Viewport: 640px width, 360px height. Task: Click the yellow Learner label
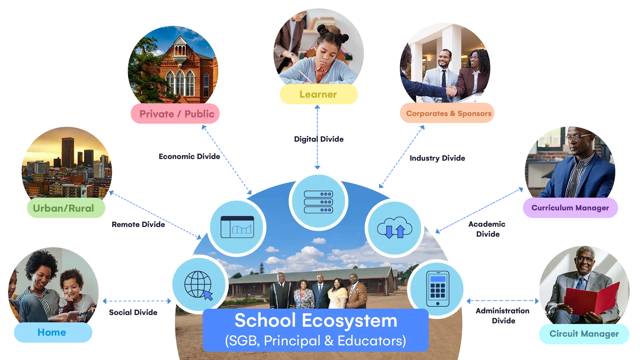[x=318, y=94]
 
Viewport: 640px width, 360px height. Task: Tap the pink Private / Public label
[x=175, y=114]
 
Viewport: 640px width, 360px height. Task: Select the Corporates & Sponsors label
[x=447, y=113]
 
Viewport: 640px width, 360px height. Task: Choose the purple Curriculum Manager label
[x=570, y=208]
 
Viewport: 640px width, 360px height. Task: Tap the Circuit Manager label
[x=584, y=334]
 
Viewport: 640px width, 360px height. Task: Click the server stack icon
[x=318, y=202]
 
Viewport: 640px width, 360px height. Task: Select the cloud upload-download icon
[x=394, y=228]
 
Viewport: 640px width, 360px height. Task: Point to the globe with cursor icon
[x=199, y=285]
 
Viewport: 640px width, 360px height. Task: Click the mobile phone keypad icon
[x=438, y=289]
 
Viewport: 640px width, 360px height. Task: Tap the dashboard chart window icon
[x=237, y=227]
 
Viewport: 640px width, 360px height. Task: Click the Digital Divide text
[x=319, y=139]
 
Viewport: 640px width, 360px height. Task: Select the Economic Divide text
[x=189, y=156]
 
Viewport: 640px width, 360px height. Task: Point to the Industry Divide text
[x=437, y=158]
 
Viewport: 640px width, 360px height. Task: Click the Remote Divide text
[x=138, y=224]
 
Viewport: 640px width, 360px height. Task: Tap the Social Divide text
[x=133, y=312]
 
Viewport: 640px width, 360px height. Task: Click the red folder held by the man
[x=592, y=299]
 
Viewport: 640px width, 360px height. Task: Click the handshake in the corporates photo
[x=451, y=90]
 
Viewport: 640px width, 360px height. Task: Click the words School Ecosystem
[x=316, y=320]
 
